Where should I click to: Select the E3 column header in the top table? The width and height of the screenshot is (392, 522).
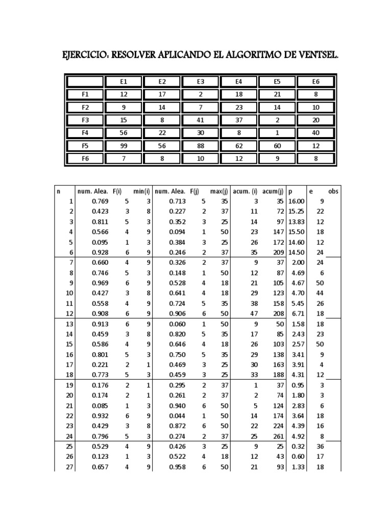pyautogui.click(x=201, y=82)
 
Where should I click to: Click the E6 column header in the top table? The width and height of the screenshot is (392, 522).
pyautogui.click(x=316, y=82)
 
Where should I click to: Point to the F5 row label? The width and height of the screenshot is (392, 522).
pyautogui.click(x=85, y=145)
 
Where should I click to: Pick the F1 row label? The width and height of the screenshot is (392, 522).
pyautogui.click(x=85, y=94)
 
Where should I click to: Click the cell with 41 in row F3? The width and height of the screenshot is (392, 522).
pyautogui.click(x=201, y=120)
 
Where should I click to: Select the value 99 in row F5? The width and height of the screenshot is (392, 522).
pyautogui.click(x=124, y=145)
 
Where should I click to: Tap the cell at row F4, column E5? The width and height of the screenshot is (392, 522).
pyautogui.click(x=277, y=133)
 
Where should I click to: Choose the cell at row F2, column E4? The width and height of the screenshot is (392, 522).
pyautogui.click(x=239, y=107)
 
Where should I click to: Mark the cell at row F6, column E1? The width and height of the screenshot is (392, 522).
pyautogui.click(x=124, y=158)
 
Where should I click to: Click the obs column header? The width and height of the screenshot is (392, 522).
pyautogui.click(x=333, y=191)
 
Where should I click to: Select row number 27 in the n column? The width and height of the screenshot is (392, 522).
pyautogui.click(x=70, y=466)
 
